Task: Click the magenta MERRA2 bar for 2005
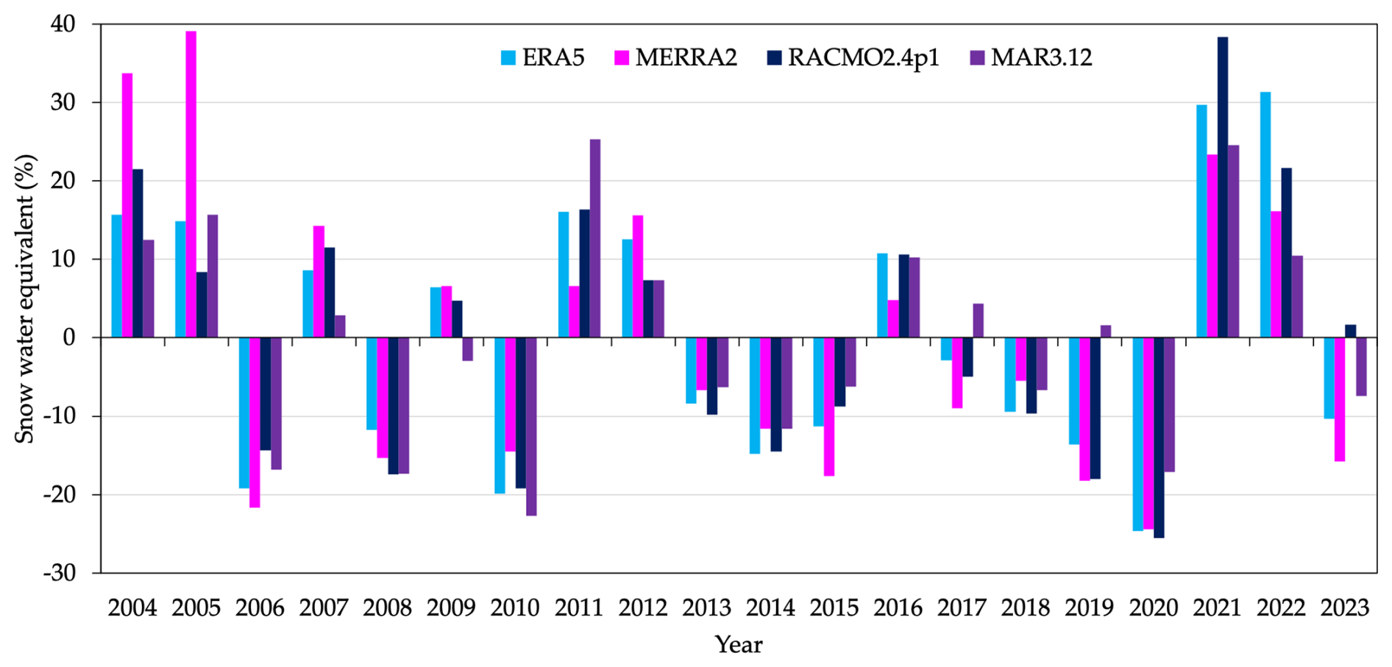[191, 184]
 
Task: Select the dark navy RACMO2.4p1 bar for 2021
[1223, 188]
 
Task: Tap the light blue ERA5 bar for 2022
[1265, 215]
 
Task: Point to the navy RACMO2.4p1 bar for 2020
[1159, 438]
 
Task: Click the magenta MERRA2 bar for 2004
[127, 205]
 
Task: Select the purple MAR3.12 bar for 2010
[531, 427]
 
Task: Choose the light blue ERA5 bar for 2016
[882, 296]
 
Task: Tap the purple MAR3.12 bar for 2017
[978, 321]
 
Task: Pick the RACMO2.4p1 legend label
[863, 57]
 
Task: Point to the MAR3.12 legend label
[1041, 57]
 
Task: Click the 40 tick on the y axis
[63, 24]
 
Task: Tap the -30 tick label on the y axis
[59, 573]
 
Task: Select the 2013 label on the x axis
[706, 608]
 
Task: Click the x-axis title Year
[739, 645]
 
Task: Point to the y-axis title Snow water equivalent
[25, 298]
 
